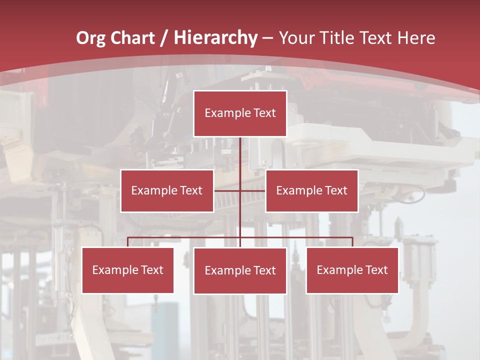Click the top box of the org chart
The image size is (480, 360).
(240, 113)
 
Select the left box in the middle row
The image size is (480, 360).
(167, 190)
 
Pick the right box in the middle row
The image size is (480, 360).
(311, 190)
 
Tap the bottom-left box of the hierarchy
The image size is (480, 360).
(127, 270)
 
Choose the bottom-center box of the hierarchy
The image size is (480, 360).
(240, 270)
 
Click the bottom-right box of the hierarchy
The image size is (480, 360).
(352, 270)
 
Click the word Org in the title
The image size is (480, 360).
(90, 38)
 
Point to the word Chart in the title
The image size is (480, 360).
(132, 38)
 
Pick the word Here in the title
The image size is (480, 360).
(416, 38)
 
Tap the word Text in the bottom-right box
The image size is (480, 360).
(376, 270)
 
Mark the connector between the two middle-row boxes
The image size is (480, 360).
(240, 190)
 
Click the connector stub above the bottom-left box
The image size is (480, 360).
(128, 242)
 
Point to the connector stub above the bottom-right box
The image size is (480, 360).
(352, 242)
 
